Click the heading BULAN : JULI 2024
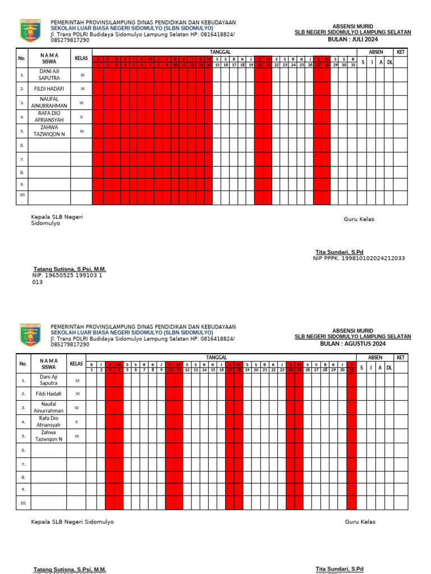[x=353, y=40]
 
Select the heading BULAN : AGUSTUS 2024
[x=353, y=344]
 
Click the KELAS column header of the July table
[x=81, y=58]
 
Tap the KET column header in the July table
[x=401, y=52]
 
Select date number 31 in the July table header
[x=352, y=65]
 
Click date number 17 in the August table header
[x=230, y=370]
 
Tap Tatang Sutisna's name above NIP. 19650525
[x=70, y=269]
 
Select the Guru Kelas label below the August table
[x=360, y=522]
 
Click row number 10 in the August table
[x=23, y=503]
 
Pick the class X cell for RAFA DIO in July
[x=81, y=117]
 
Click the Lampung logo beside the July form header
[x=31, y=31]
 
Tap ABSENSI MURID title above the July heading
[x=353, y=26]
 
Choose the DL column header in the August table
[x=389, y=367]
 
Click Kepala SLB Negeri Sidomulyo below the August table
[x=72, y=522]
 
